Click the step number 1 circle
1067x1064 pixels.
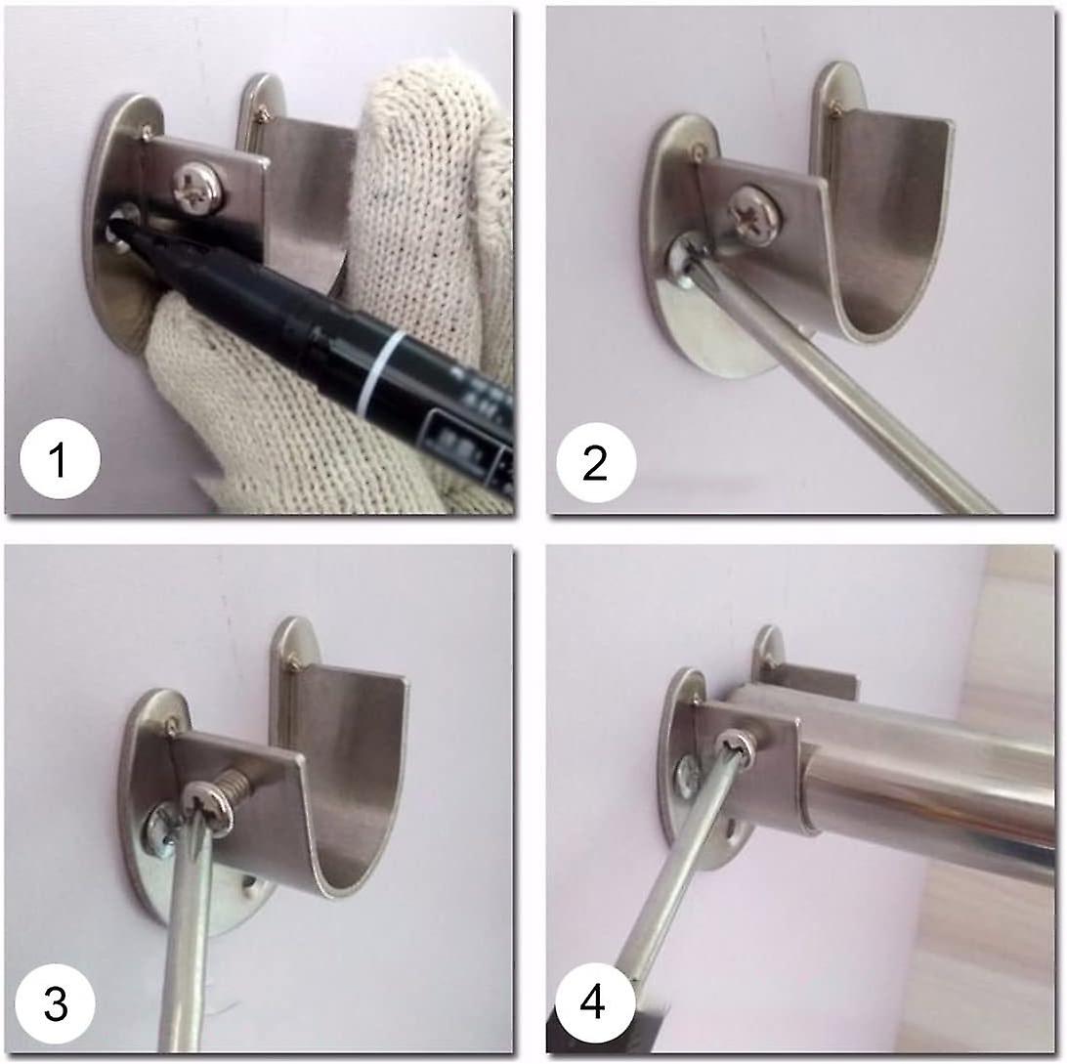click(60, 459)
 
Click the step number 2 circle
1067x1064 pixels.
click(595, 463)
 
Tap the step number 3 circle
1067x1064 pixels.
click(56, 1002)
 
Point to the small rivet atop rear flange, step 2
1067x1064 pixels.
click(834, 109)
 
